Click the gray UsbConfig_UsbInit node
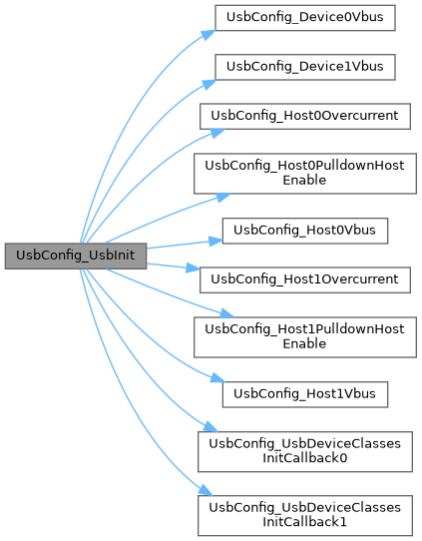[x=76, y=256]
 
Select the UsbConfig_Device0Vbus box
[x=305, y=18]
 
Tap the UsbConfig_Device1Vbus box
[x=305, y=67]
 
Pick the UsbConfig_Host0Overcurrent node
[x=305, y=116]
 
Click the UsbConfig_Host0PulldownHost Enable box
[x=305, y=174]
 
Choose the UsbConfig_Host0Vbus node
[x=305, y=231]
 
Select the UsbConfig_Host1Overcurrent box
[x=305, y=279]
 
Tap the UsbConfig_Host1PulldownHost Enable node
[x=305, y=336]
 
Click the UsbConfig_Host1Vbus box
[x=305, y=394]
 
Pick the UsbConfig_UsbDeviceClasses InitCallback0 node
[x=305, y=451]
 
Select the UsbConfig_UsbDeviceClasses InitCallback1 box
[x=305, y=515]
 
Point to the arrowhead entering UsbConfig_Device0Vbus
[x=209, y=35]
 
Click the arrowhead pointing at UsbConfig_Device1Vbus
[x=210, y=84]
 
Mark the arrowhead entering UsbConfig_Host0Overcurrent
[x=217, y=133]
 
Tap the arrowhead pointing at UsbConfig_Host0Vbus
[x=216, y=241]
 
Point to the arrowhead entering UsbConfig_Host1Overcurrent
[x=194, y=268]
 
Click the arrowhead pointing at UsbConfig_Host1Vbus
[x=217, y=378]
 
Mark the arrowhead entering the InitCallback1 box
[x=206, y=491]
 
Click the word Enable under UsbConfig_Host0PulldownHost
[x=304, y=180]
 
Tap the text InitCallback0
[x=305, y=458]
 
